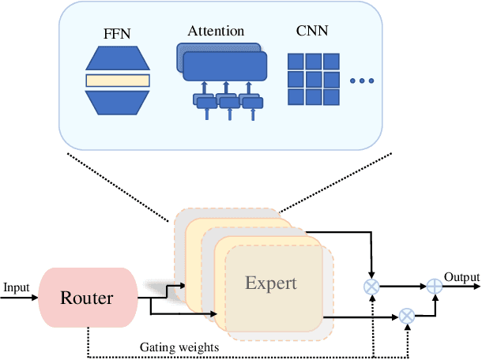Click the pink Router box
point(86,298)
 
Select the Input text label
point(16,287)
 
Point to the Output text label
point(461,277)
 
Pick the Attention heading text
point(214,32)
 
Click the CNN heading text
point(312,32)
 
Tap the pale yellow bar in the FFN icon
point(117,80)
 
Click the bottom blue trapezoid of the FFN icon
point(117,99)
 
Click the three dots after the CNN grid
point(362,81)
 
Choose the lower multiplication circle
point(407,316)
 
